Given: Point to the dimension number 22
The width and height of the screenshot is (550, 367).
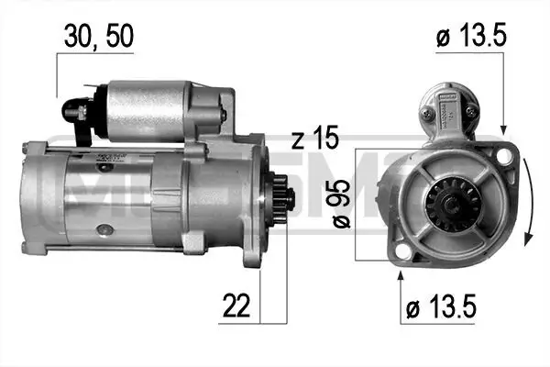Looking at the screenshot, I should tap(234, 305).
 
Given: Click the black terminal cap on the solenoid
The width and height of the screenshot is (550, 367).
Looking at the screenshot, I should tap(74, 110).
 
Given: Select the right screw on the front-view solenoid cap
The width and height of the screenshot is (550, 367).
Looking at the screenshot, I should tap(470, 111).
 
